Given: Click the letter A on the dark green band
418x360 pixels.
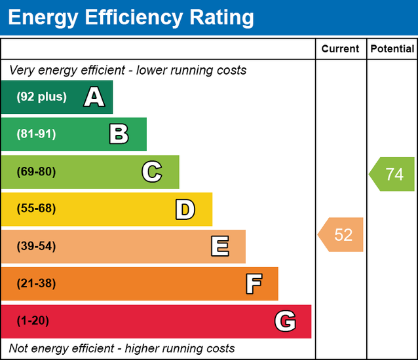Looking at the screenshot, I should click(x=94, y=98).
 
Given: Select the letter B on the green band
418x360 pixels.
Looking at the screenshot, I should click(x=119, y=135).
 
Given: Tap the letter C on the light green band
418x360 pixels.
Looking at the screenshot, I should click(x=151, y=172).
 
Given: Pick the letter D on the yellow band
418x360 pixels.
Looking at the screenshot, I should click(x=185, y=209).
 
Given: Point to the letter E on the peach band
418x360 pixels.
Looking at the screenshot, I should click(x=219, y=247).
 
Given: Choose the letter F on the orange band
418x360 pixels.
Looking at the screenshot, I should click(x=254, y=284).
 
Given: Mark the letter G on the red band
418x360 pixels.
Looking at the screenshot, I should click(x=285, y=321).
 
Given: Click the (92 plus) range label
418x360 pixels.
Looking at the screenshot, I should click(x=41, y=97).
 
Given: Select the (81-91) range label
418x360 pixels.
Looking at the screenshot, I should click(x=36, y=134).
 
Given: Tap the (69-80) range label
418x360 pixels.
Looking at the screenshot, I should click(x=36, y=172).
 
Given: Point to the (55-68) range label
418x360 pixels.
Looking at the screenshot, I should click(x=36, y=209).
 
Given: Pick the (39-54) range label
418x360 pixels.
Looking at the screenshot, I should click(x=36, y=247).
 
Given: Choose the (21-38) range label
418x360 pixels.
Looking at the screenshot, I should click(x=36, y=284).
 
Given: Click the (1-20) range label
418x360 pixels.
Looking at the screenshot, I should click(x=33, y=321).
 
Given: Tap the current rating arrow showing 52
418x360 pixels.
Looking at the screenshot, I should click(x=341, y=235).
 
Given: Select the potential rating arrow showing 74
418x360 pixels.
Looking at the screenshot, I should click(x=392, y=174).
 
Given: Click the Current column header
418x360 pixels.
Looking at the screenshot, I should click(x=340, y=49).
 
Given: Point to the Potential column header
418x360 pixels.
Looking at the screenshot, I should click(x=392, y=49).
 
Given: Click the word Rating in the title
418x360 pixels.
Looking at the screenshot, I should click(x=217, y=18).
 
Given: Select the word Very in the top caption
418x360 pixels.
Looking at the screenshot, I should click(x=22, y=70).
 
